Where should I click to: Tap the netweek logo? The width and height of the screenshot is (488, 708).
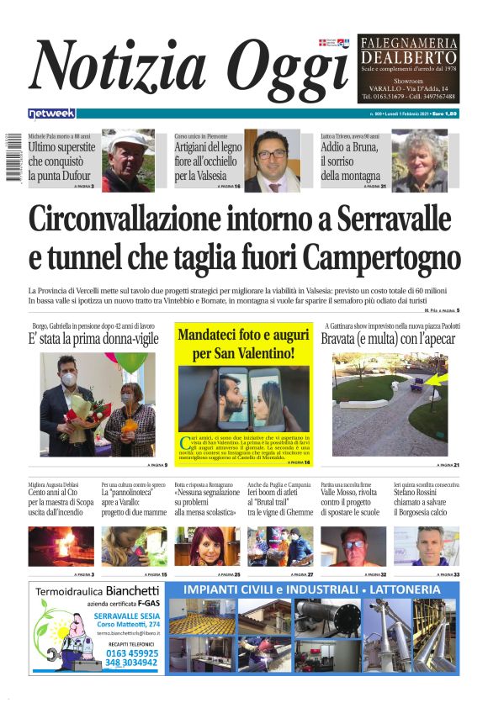[x=51, y=113]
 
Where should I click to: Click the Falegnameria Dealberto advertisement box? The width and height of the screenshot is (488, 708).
[x=409, y=67]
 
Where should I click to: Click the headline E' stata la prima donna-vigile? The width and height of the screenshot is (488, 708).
[x=94, y=339]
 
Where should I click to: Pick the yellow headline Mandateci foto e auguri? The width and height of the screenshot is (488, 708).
[x=243, y=343]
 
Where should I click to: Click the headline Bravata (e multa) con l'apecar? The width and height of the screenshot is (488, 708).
[x=389, y=339]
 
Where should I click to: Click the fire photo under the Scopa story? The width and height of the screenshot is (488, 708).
[x=61, y=546]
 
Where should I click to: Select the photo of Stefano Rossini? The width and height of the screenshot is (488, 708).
[x=438, y=546]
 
